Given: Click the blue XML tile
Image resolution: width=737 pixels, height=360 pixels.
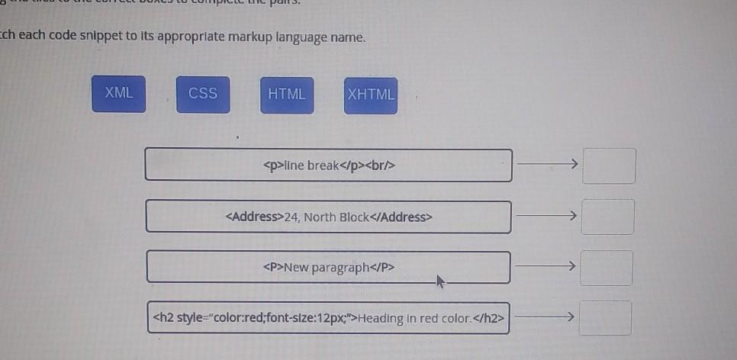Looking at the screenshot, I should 119,94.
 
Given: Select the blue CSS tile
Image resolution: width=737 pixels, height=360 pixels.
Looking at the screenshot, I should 203,94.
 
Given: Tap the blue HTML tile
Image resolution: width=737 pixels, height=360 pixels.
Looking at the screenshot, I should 287,94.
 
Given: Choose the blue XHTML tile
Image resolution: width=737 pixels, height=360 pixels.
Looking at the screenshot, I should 371,95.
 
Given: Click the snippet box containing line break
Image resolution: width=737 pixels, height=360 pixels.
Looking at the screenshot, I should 329,165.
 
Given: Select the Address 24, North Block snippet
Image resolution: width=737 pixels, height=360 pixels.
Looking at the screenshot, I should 329,217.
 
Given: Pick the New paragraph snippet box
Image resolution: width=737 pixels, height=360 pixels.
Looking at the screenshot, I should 329,267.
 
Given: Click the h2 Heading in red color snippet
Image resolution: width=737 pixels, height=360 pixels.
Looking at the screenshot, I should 329,318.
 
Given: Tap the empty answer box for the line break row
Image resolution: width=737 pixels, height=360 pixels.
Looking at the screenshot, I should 609,166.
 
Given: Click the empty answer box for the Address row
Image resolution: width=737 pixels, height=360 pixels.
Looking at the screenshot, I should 608,217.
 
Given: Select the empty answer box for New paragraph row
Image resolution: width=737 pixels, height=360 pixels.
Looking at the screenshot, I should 607,268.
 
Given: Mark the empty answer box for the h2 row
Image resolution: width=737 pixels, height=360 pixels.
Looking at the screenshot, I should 605,318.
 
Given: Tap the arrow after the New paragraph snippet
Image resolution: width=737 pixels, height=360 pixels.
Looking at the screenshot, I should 544,266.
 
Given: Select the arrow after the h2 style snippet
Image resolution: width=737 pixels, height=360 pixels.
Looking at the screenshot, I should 543,317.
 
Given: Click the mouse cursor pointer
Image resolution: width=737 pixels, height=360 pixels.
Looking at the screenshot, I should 439,281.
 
